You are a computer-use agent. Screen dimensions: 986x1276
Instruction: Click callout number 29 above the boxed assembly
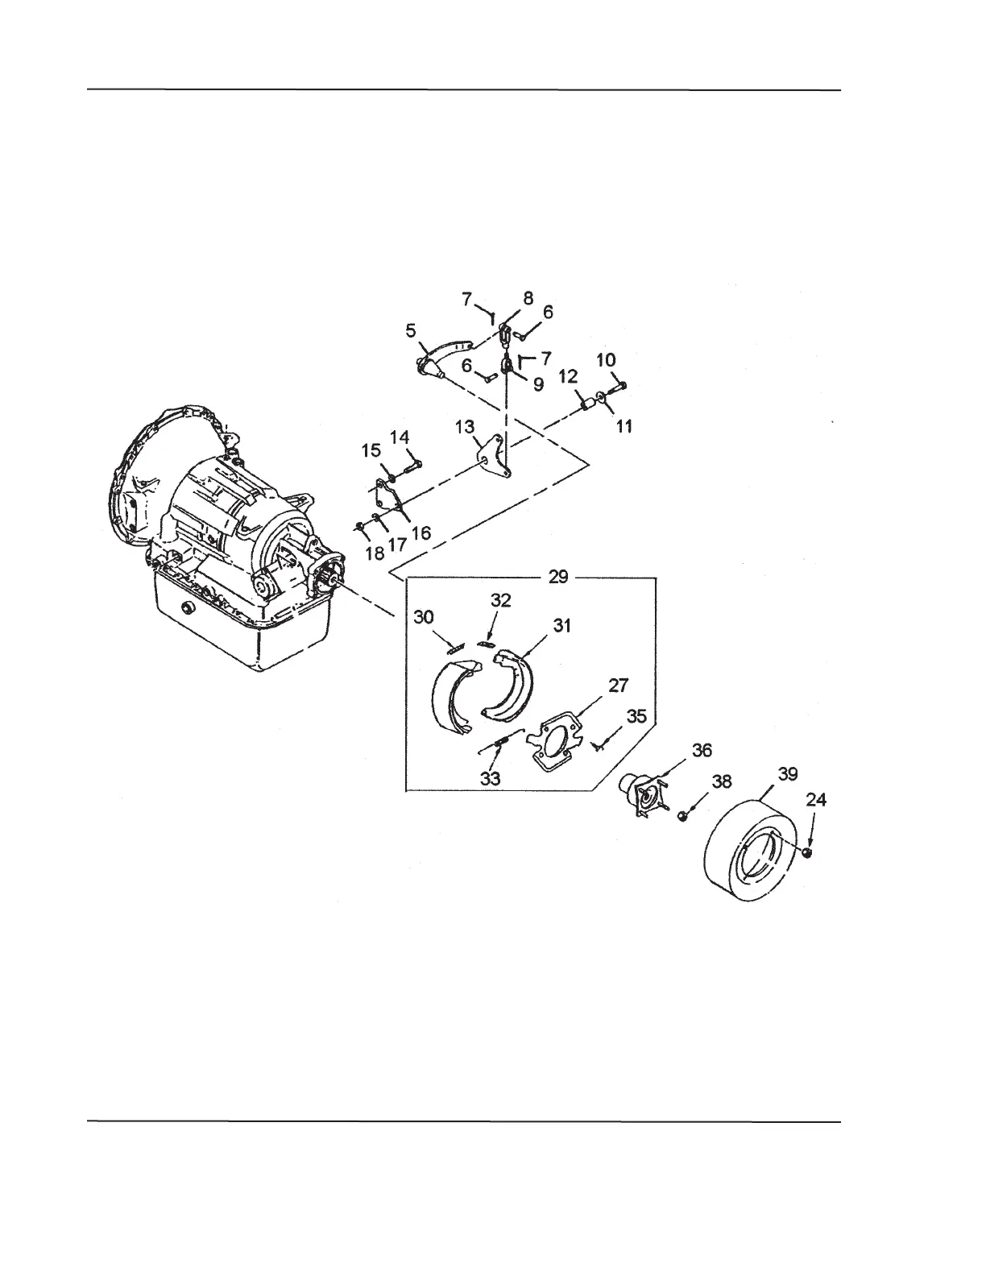[557, 577]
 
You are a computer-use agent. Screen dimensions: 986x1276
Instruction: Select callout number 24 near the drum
[816, 800]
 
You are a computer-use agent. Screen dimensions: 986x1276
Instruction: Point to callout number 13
[465, 427]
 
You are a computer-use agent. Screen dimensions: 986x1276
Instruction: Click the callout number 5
[411, 330]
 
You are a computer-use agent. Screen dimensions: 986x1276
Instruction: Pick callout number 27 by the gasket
[619, 686]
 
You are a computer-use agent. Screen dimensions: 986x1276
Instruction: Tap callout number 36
[702, 750]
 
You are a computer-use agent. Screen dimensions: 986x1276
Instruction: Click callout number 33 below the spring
[490, 778]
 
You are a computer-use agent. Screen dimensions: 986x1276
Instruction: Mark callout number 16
[421, 532]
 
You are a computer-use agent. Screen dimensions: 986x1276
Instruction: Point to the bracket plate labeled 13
[492, 457]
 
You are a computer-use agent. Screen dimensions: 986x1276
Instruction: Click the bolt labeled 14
[411, 465]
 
